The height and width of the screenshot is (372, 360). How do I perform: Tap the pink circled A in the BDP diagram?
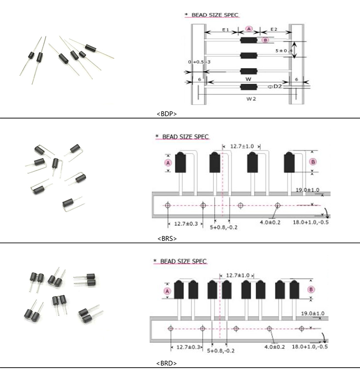(x=249, y=29)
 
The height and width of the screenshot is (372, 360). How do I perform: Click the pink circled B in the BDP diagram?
(x=265, y=40)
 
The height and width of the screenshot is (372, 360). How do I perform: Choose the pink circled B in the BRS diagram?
(x=314, y=161)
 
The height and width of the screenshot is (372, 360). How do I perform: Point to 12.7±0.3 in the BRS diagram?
(x=186, y=224)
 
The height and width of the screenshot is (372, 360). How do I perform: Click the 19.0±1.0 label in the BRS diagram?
(x=308, y=190)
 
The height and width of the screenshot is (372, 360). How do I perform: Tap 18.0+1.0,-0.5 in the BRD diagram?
(x=310, y=347)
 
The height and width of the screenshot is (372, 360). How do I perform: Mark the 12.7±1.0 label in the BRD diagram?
(x=237, y=275)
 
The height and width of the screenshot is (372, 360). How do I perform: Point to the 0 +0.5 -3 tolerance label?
(x=199, y=62)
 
